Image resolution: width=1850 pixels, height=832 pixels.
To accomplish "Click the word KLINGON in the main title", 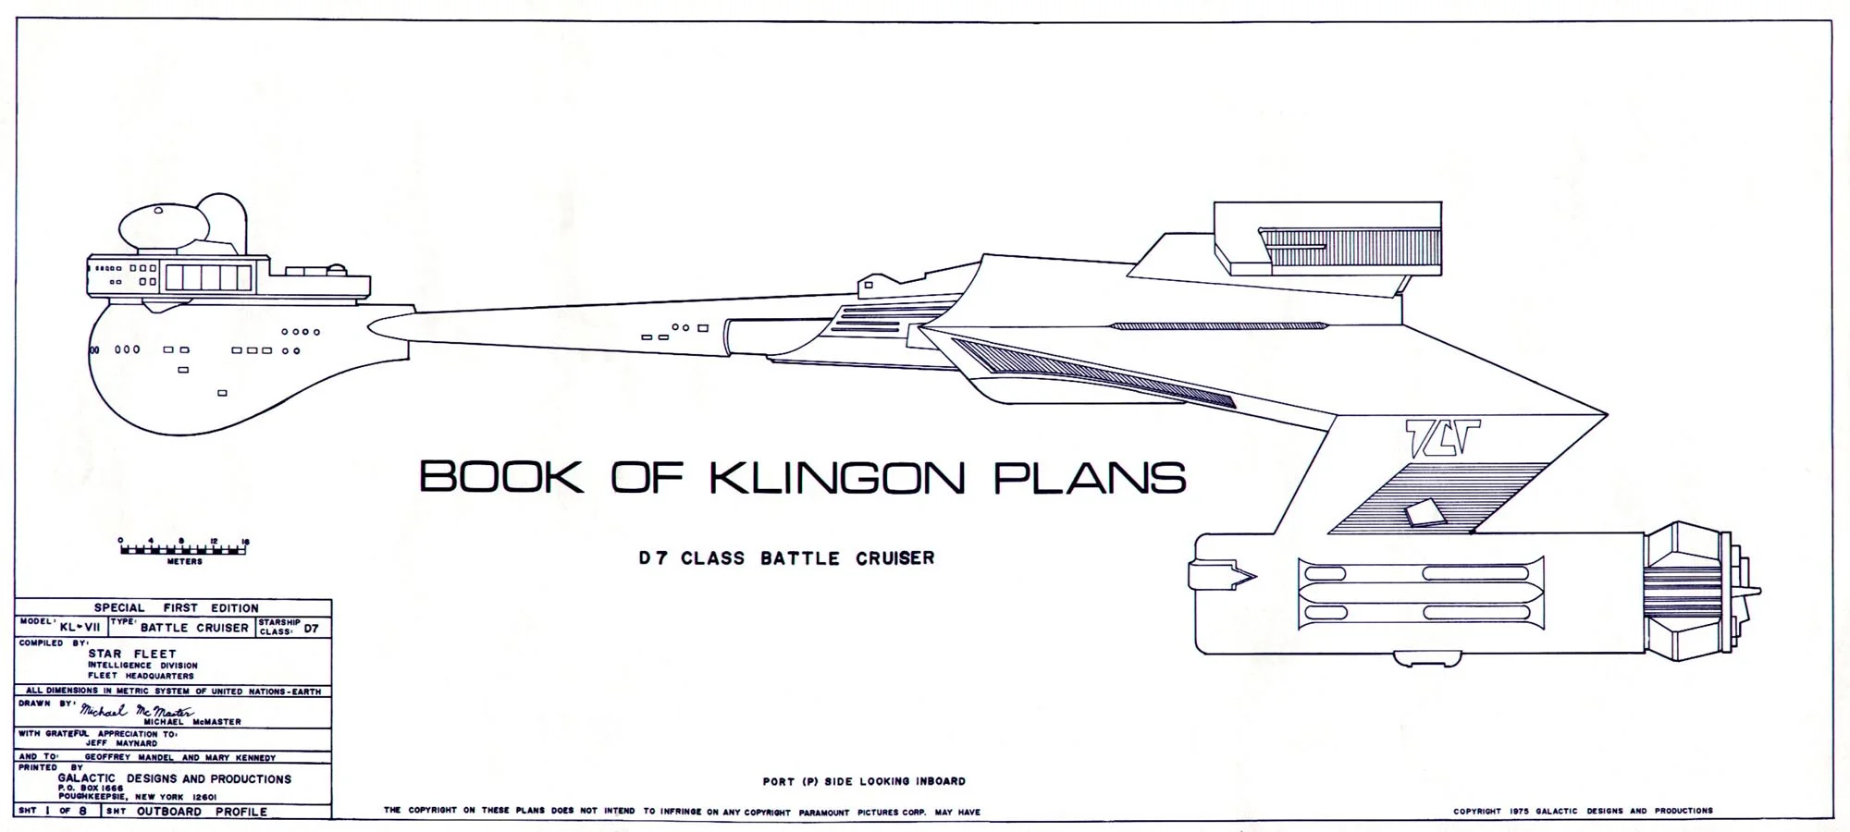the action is click(837, 478).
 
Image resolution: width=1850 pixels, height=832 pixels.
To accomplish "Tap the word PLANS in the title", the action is click(1089, 478).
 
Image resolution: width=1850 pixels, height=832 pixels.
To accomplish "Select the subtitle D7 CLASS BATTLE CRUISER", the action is click(786, 558).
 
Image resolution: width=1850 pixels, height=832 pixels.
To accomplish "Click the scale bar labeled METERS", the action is click(184, 549).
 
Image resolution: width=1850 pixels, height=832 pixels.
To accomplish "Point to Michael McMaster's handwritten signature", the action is click(137, 711).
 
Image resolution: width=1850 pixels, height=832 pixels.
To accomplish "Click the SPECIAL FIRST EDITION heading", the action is click(176, 607).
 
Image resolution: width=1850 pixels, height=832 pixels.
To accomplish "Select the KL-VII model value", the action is click(80, 627).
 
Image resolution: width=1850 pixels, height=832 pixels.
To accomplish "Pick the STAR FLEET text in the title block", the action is click(132, 654).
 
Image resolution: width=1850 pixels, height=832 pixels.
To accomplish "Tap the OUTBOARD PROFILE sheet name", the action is click(202, 812).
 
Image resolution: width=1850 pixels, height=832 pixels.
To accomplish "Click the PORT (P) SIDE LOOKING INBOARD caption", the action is click(864, 781).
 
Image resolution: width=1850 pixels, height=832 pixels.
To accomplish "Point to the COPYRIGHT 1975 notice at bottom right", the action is click(1583, 811).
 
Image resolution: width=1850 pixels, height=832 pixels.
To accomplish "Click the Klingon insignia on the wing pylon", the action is click(1442, 437).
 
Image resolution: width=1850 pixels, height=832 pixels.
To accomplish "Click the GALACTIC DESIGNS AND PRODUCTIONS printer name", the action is click(175, 778).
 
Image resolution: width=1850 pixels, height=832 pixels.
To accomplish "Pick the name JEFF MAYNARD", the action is click(121, 743).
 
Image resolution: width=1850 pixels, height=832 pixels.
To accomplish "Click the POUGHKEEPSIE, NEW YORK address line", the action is click(137, 797).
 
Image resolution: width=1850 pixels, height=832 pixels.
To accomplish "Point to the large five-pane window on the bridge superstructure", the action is click(208, 277).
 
